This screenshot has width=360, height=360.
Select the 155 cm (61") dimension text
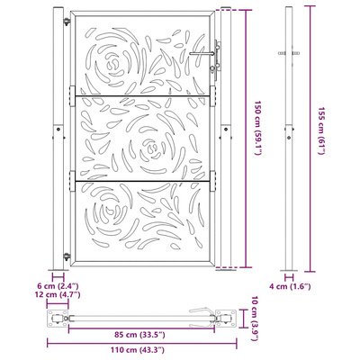[x=321, y=130]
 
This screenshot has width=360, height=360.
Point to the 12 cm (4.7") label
[x=58, y=294]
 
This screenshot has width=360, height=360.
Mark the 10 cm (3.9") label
[x=255, y=319]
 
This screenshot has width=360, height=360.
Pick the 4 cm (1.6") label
[x=290, y=286]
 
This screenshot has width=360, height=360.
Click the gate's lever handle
[x=202, y=54]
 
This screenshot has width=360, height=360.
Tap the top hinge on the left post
[x=67, y=22]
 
